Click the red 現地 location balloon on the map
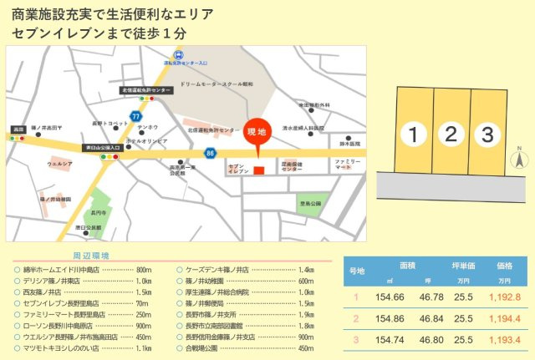tap(257, 131)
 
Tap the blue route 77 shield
tap(135, 115)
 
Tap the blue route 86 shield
tap(210, 153)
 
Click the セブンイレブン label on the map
tap(237, 169)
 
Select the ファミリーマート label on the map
tap(347, 163)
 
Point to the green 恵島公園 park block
tap(311, 202)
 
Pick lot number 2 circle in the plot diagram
tap(451, 133)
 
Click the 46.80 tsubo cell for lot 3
tap(431, 340)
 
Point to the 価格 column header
tap(504, 264)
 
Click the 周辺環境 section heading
tap(91, 255)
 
